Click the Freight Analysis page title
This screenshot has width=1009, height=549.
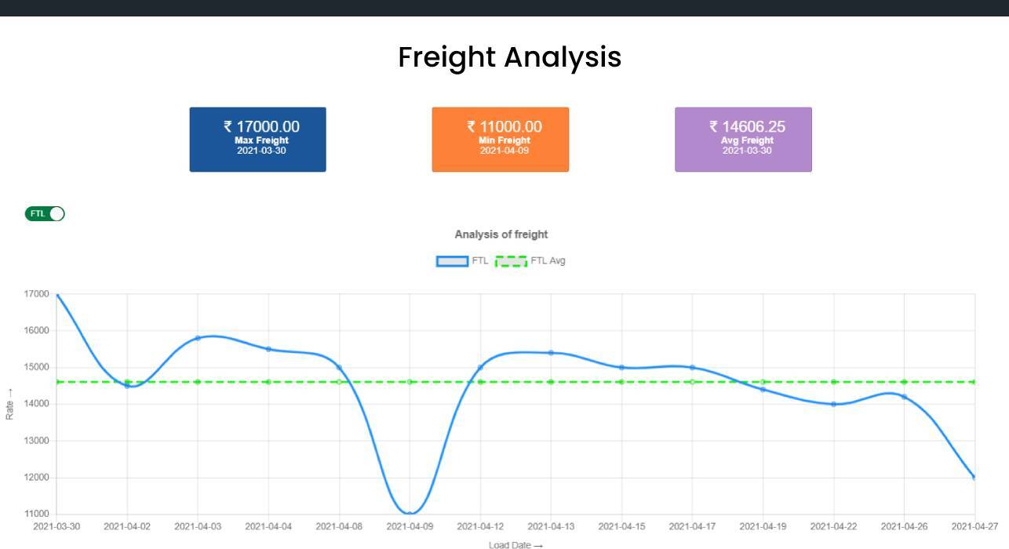tap(509, 57)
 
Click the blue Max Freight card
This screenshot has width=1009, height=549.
tap(257, 139)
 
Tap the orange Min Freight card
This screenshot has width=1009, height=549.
tap(500, 139)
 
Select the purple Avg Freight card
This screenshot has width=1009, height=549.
tap(743, 139)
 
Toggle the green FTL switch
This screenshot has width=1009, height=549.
tap(45, 213)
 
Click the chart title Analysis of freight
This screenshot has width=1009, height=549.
tap(501, 235)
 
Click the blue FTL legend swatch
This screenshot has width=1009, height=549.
tap(452, 261)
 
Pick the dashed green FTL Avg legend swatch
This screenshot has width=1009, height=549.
tap(511, 261)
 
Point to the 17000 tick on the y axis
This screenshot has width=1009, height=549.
tap(37, 294)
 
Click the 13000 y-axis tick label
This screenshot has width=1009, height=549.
tap(37, 441)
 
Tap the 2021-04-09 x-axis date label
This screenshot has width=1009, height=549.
tap(410, 526)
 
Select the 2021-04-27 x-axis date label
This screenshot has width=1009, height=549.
tap(974, 526)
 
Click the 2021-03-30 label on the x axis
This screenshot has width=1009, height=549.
tap(56, 526)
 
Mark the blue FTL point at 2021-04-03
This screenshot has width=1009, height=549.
tap(198, 338)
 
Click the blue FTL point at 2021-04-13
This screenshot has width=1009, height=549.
tap(551, 353)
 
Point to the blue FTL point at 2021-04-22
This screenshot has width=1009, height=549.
tap(833, 404)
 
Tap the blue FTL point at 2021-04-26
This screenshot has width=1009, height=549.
tap(904, 397)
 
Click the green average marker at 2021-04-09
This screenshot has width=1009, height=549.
tap(410, 382)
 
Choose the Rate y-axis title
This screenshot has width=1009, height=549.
tap(10, 404)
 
